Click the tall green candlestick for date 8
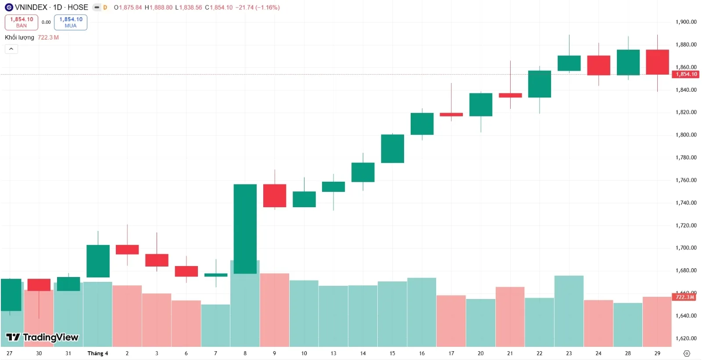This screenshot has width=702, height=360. pyautogui.click(x=245, y=228)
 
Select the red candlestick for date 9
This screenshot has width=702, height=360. pyautogui.click(x=274, y=196)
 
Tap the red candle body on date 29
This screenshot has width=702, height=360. pyautogui.click(x=657, y=62)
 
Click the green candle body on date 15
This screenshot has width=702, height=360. pyautogui.click(x=392, y=148)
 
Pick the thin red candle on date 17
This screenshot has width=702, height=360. pyautogui.click(x=451, y=115)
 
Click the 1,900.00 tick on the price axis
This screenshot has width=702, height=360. pyautogui.click(x=686, y=22)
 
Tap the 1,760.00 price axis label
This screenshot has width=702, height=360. pyautogui.click(x=686, y=180)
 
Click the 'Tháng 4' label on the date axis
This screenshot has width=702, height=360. pyautogui.click(x=97, y=353)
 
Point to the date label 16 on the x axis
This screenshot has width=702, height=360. pyautogui.click(x=422, y=353)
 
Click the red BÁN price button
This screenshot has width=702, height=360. pyautogui.click(x=21, y=22)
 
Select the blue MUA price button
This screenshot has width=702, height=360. pyautogui.click(x=71, y=22)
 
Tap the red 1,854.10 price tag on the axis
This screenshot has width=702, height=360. pyautogui.click(x=686, y=74)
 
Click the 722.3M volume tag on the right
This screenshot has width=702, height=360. pyautogui.click(x=684, y=297)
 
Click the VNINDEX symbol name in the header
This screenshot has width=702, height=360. pyautogui.click(x=31, y=7)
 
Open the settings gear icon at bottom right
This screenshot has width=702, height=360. pyautogui.click(x=687, y=353)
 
